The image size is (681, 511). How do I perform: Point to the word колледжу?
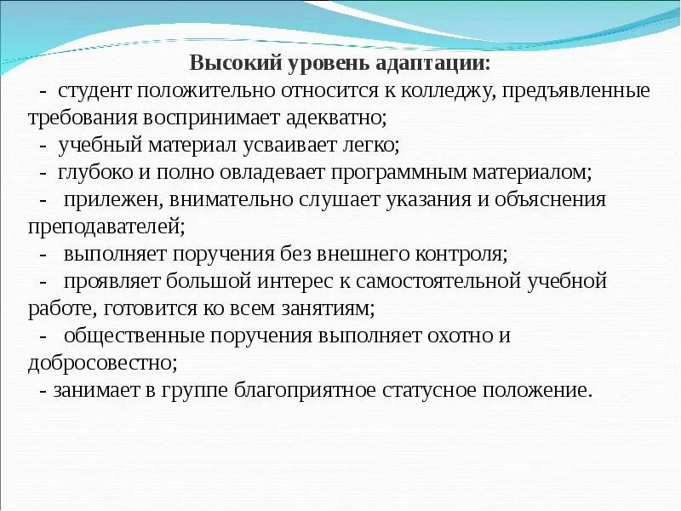coord(440,91)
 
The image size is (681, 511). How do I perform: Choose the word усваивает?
coord(263,146)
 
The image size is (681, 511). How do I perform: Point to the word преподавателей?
coord(106,227)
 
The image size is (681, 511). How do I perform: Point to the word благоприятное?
coord(306,390)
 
